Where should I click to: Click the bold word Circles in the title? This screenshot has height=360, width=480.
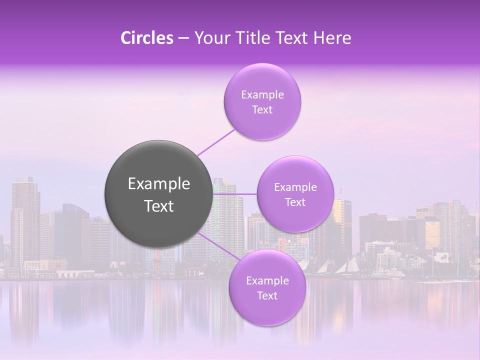click(147, 38)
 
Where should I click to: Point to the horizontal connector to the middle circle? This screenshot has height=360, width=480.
click(234, 194)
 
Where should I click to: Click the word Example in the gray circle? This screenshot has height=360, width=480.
click(159, 184)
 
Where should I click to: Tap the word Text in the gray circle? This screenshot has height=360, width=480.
click(159, 206)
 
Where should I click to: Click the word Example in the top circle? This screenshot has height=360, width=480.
click(262, 95)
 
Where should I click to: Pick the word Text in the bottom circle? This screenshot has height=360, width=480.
click(267, 296)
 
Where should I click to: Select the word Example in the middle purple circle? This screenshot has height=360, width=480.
click(295, 187)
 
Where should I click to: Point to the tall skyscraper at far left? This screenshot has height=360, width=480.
click(25, 220)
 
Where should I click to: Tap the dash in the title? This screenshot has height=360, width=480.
click(183, 38)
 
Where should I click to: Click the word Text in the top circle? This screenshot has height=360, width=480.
click(262, 110)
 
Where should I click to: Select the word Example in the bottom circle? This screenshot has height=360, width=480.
click(267, 281)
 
